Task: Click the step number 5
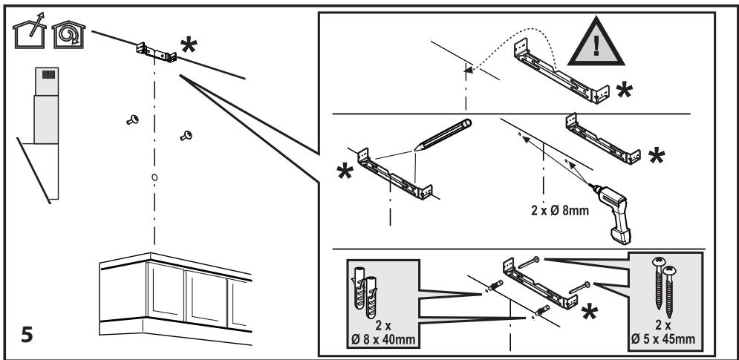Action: (x=27, y=335)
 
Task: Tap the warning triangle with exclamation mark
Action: (x=596, y=42)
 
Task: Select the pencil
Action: (x=443, y=134)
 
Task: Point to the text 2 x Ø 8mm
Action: (x=560, y=211)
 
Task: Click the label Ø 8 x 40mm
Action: (x=382, y=340)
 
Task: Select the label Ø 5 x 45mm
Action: (x=663, y=339)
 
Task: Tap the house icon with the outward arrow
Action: (x=30, y=34)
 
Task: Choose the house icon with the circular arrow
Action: (x=69, y=34)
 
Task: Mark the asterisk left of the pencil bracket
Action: (x=345, y=172)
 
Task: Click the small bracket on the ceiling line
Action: (x=157, y=52)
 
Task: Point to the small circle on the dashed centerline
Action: (x=154, y=177)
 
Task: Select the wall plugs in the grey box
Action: (x=365, y=295)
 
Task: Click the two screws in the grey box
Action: (x=663, y=287)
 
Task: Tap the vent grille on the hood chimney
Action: (x=48, y=74)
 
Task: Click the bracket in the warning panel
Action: (x=561, y=71)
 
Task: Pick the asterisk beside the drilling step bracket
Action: (x=657, y=156)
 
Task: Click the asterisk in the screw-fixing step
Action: (x=589, y=312)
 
